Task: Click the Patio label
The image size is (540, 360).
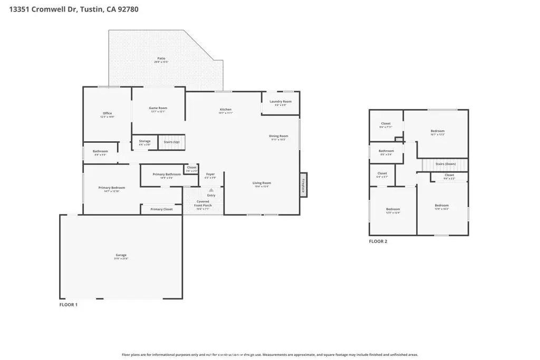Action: pos(161,59)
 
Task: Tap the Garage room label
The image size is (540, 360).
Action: pos(122,255)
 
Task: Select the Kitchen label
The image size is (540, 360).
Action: pos(226,110)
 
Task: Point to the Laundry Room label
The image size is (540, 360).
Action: pos(281,101)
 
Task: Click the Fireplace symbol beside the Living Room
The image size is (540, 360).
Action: pos(304,185)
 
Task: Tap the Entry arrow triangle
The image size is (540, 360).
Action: pos(211,190)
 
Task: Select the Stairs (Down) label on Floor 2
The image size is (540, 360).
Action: pos(446,164)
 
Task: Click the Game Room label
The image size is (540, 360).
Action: pos(158,108)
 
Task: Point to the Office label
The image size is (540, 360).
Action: pos(107,113)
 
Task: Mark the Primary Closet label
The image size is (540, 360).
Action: pos(161,209)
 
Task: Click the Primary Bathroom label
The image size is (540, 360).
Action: pos(167,174)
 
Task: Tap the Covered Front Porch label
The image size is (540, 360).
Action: pos(203,203)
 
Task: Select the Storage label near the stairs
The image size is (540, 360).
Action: pos(144,141)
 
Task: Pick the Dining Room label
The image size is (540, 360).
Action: pos(278,136)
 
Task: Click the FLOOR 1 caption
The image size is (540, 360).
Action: pos(68,305)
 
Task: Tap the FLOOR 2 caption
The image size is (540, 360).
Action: pos(378,241)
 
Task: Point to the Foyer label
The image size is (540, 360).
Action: pos(210,174)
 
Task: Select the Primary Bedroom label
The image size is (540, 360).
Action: pos(112,188)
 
